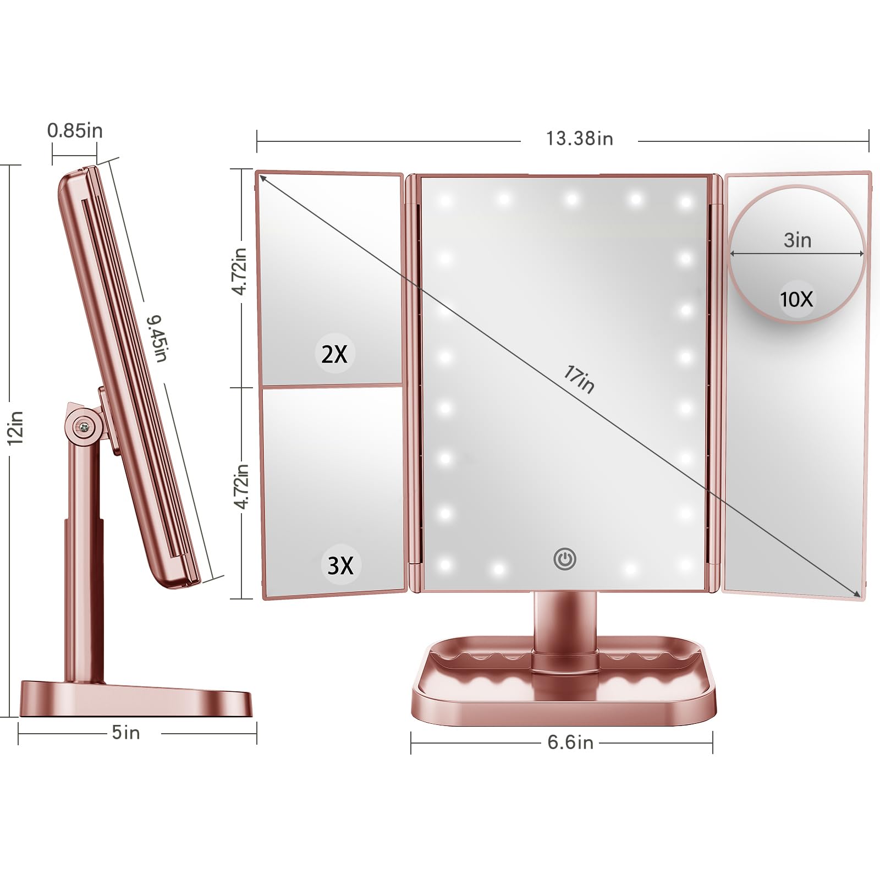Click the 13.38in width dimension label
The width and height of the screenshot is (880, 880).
[579, 139]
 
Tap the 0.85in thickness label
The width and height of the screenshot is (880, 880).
[75, 131]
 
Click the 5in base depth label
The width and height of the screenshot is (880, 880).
[126, 733]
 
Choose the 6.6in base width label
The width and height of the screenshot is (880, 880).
[570, 743]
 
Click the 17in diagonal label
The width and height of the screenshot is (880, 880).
[579, 380]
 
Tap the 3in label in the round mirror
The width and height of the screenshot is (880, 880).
[798, 240]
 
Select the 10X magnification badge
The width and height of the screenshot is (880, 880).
[796, 299]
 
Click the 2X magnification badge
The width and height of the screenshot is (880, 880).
[334, 354]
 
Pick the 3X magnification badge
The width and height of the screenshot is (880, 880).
[340, 565]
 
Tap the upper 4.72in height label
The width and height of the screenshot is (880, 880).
[240, 271]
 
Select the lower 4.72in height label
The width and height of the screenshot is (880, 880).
[240, 486]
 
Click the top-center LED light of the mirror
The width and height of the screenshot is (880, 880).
[571, 198]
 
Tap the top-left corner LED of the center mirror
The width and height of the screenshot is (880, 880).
[445, 200]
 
